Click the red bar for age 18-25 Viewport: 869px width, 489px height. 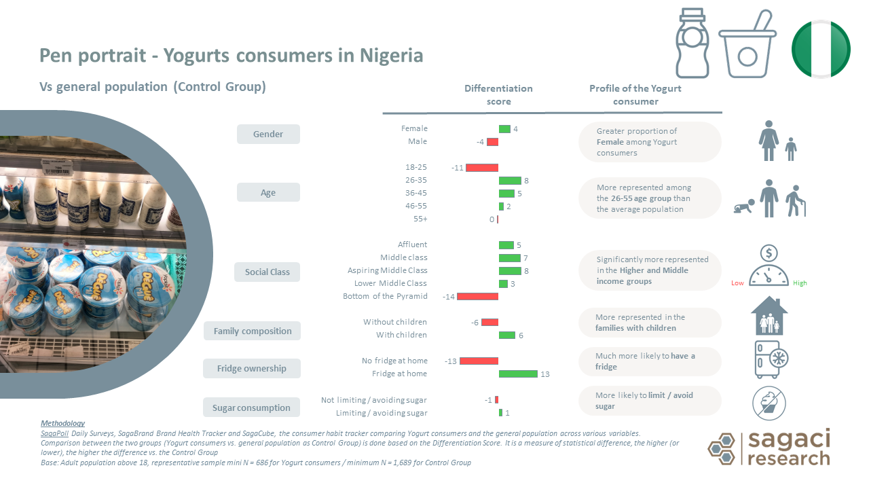pyautogui.click(x=481, y=168)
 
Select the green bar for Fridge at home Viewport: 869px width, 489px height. pyautogui.click(x=518, y=374)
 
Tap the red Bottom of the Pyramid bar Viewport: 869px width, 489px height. pyautogui.click(x=477, y=297)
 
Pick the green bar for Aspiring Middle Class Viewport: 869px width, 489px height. pyautogui.click(x=510, y=271)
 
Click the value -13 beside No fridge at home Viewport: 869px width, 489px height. pyautogui.click(x=451, y=361)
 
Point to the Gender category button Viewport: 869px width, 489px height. pyautogui.click(x=268, y=134)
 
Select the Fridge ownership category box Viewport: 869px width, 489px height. pyautogui.click(x=252, y=369)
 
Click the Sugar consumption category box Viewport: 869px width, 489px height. pyautogui.click(x=251, y=408)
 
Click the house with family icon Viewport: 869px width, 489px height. pyautogui.click(x=769, y=316)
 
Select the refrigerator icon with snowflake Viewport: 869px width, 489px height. pyautogui.click(x=771, y=359)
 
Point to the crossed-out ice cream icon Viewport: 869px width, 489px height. pyautogui.click(x=769, y=402)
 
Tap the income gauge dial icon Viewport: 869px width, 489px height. pyautogui.click(x=769, y=266)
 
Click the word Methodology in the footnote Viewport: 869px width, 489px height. pyautogui.click(x=62, y=424)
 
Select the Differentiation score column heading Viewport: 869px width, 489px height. pyautogui.click(x=498, y=95)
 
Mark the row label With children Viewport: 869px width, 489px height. pyautogui.click(x=401, y=335)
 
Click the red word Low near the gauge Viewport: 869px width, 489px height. pyautogui.click(x=738, y=283)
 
